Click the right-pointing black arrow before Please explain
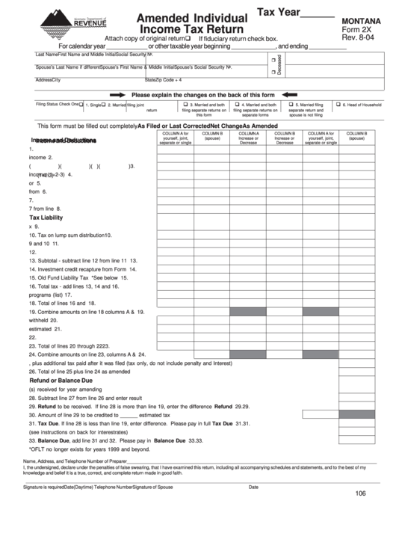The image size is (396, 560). [118, 96]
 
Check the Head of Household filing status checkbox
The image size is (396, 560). [338, 105]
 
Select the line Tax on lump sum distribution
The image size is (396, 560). [67, 235]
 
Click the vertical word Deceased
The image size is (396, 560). [278, 64]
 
